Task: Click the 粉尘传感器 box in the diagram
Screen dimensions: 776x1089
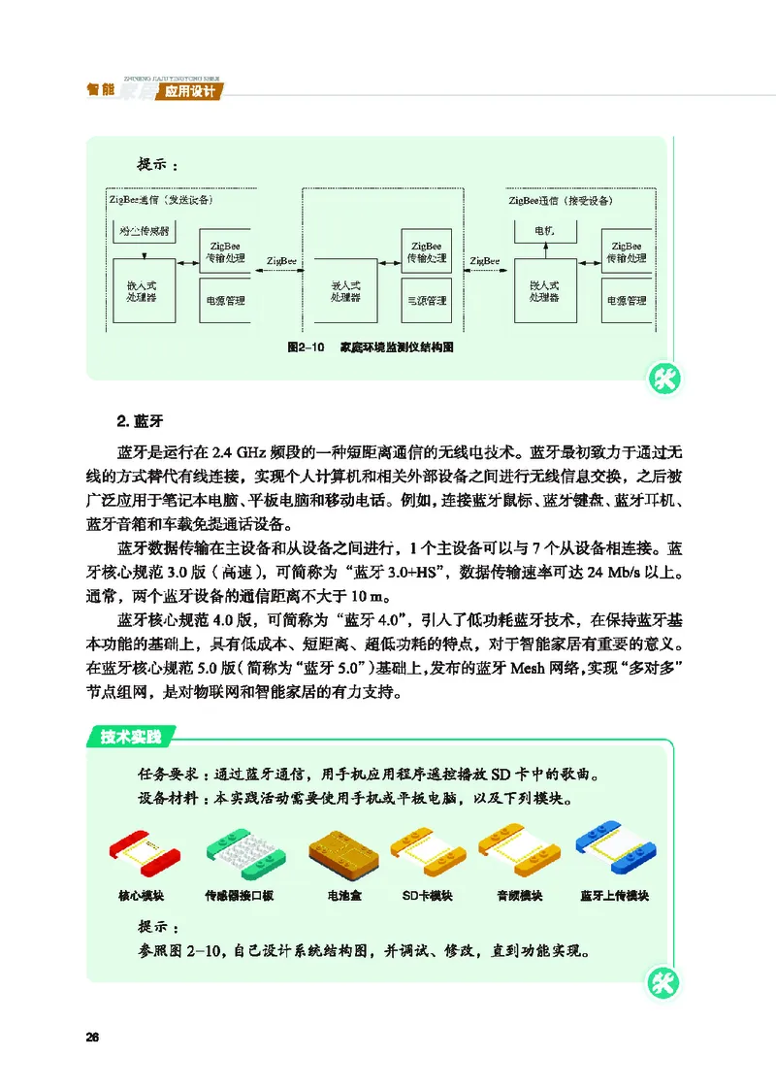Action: click(145, 233)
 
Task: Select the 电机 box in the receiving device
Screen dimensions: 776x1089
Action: click(544, 232)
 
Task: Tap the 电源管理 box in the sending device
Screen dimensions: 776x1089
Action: click(224, 301)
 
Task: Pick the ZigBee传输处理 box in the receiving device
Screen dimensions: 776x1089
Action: click(627, 253)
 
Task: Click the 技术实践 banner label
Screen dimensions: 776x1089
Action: click(133, 737)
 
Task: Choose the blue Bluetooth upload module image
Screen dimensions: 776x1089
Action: click(613, 851)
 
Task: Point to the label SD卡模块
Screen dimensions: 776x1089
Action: click(428, 895)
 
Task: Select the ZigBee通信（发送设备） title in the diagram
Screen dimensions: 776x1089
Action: click(163, 200)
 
